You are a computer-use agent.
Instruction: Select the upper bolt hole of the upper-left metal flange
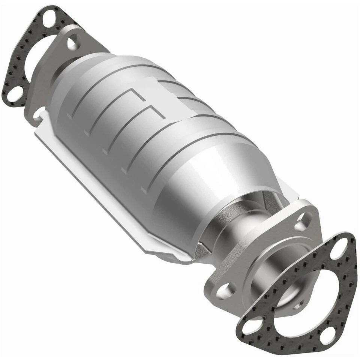pos(73,42)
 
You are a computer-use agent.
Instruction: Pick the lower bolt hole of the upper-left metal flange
pos(38,113)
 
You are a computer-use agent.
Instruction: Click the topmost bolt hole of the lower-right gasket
pos(339,248)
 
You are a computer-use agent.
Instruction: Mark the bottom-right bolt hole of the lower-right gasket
pos(328,334)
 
